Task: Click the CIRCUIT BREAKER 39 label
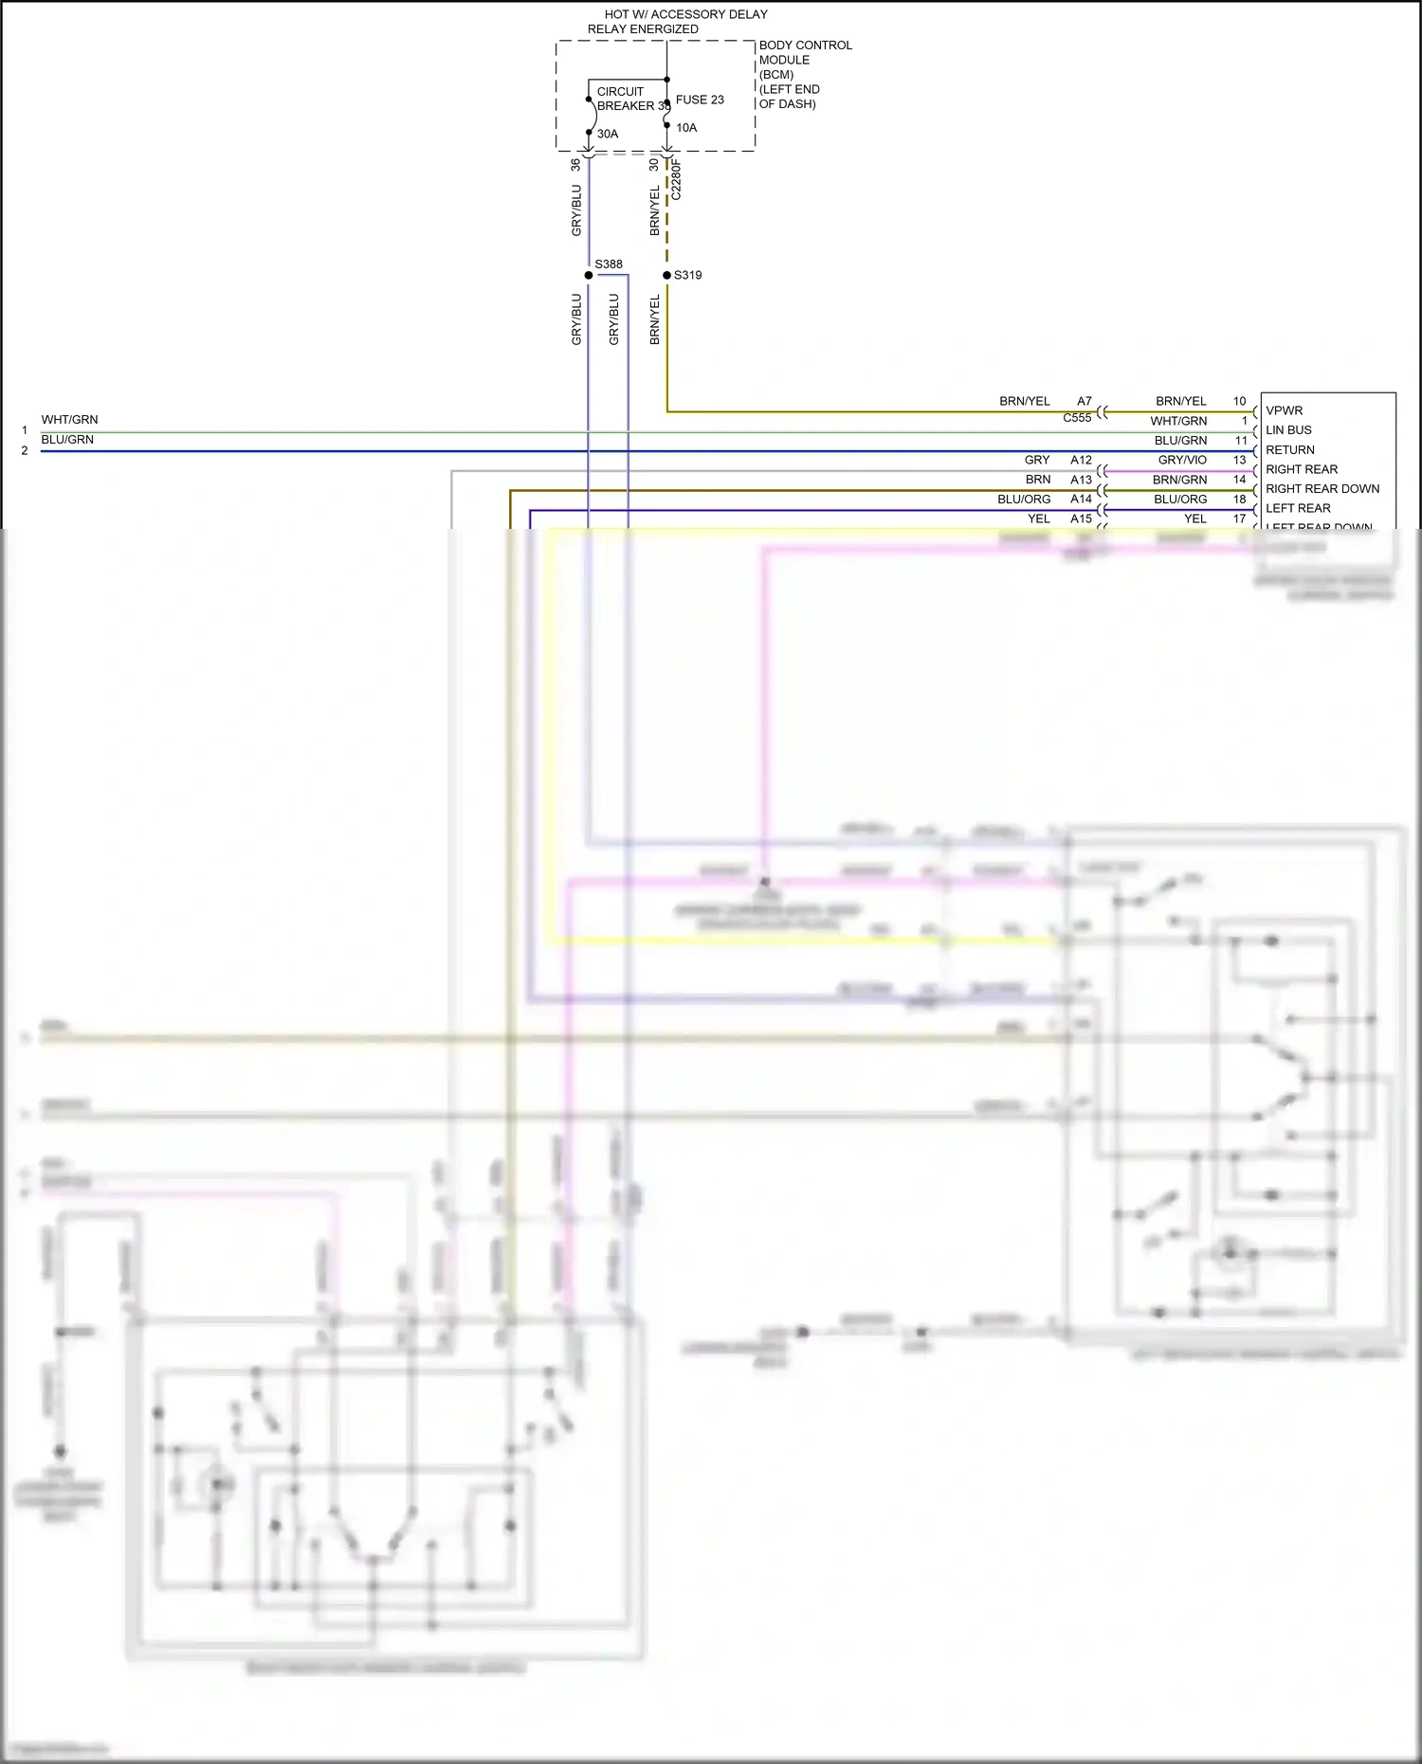(630, 99)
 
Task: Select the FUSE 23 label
(700, 100)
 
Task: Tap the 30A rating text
(608, 134)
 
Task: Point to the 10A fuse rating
(686, 128)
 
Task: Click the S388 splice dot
(589, 275)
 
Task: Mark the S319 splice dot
(666, 275)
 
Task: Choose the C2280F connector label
(676, 180)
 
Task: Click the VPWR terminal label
(1285, 410)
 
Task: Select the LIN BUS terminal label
(1288, 430)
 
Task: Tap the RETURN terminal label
(1290, 450)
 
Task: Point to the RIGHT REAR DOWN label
(1322, 489)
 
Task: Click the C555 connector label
(1077, 418)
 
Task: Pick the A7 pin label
(1085, 401)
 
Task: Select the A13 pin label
(1081, 480)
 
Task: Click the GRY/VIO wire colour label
(1182, 460)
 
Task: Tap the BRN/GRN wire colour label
(1179, 480)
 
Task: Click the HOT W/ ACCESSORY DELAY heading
(685, 14)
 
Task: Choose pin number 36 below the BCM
(575, 164)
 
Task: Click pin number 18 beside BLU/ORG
(1239, 500)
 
